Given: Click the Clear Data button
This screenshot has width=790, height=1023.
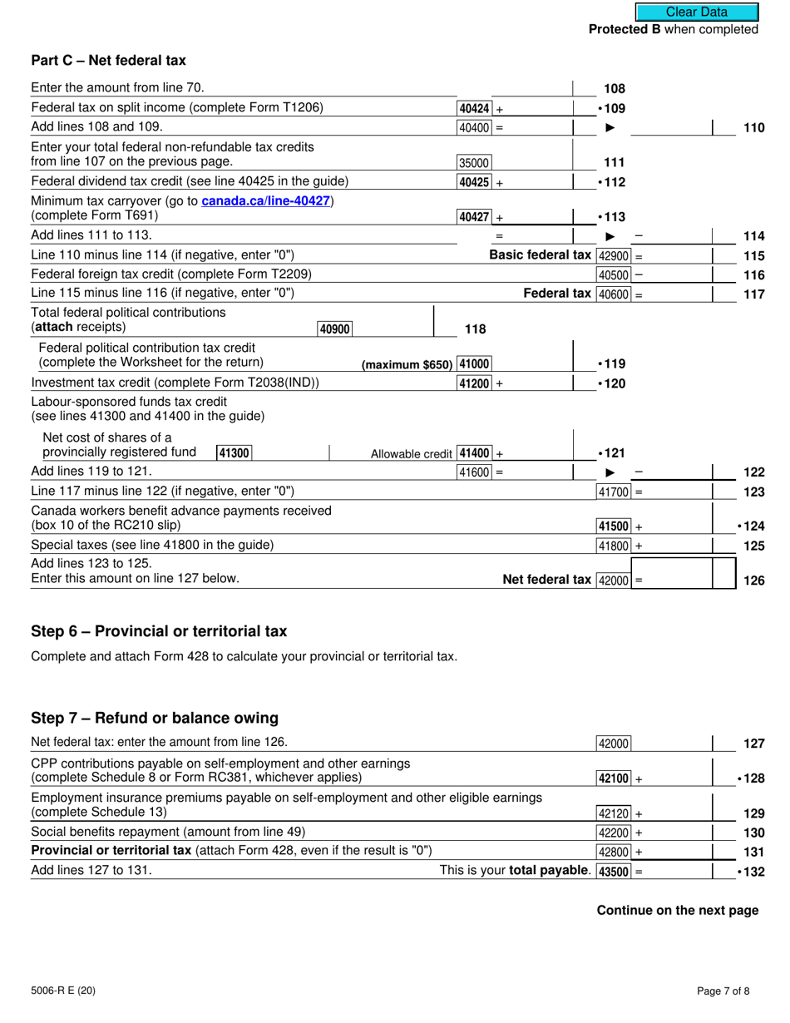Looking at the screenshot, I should [x=696, y=12].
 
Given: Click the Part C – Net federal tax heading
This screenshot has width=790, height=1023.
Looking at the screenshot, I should [x=108, y=60].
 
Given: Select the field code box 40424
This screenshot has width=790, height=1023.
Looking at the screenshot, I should [x=475, y=108].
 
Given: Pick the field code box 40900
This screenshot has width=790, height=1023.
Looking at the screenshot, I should [x=334, y=329].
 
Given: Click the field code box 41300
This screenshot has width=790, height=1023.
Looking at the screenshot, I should [x=234, y=453].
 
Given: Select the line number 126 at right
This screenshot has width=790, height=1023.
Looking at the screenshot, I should [x=753, y=581].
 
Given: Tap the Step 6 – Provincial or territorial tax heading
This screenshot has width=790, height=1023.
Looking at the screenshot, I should [x=159, y=631].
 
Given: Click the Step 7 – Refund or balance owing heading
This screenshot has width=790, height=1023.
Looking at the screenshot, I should [x=154, y=718].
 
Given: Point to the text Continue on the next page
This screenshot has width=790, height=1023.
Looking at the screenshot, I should [x=677, y=911].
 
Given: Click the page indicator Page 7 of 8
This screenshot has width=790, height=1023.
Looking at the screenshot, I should [x=726, y=991].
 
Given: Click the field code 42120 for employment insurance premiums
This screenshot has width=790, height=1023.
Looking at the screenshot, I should [x=615, y=813].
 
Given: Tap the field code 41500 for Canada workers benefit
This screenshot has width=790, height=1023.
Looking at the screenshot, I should [x=615, y=526].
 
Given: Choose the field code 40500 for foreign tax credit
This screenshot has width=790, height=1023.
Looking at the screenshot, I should [x=615, y=274].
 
